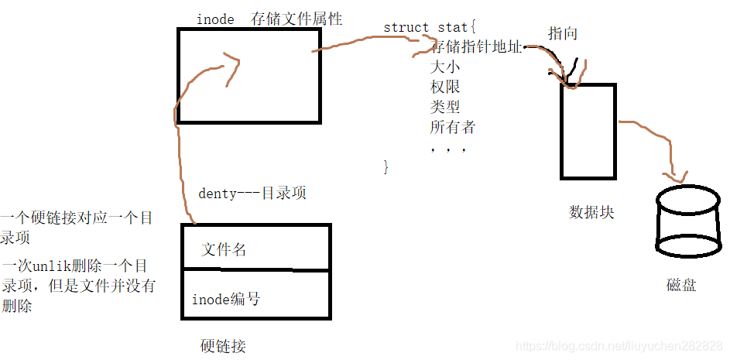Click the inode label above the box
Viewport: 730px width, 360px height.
click(x=215, y=19)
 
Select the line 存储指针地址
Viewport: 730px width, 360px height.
click(x=476, y=47)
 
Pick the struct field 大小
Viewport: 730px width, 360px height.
click(x=445, y=67)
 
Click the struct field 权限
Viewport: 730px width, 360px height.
click(x=445, y=87)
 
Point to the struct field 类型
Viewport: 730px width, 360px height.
click(x=445, y=106)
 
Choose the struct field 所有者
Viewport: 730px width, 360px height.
click(x=453, y=126)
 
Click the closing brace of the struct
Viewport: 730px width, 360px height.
click(x=386, y=166)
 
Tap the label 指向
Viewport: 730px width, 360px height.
click(x=563, y=34)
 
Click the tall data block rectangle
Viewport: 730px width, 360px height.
click(x=588, y=132)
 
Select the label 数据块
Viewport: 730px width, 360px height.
click(x=591, y=211)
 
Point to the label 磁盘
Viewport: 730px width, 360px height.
click(x=681, y=285)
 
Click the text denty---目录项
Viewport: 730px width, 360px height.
click(x=252, y=194)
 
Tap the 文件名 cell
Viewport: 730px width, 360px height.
click(x=224, y=249)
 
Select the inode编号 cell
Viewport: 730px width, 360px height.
click(x=226, y=299)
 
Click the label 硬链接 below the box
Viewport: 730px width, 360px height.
click(x=223, y=345)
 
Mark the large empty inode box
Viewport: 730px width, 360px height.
click(x=249, y=76)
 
